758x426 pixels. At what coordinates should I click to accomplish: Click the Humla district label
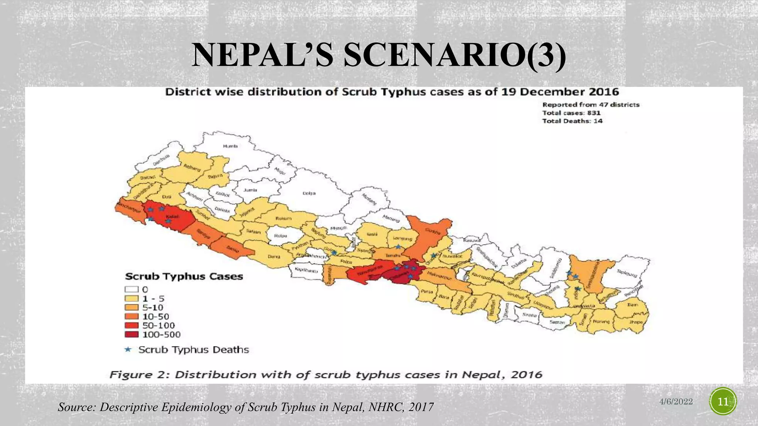[230, 146]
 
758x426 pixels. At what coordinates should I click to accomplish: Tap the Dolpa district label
[309, 193]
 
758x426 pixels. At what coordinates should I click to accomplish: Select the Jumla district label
[250, 190]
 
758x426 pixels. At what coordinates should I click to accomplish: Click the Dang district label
[274, 256]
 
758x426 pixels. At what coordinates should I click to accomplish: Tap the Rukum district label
[284, 218]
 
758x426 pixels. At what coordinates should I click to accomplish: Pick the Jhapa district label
[636, 322]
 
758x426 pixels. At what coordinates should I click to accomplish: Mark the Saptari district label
[557, 322]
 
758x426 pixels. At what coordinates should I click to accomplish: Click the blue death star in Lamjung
[398, 247]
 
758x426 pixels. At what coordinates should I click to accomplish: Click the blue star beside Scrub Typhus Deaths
[128, 349]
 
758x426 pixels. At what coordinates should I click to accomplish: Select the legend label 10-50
[156, 317]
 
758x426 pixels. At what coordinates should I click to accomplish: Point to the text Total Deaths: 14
[572, 121]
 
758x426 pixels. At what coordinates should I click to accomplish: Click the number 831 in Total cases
[594, 113]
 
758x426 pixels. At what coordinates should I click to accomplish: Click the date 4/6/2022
[676, 402]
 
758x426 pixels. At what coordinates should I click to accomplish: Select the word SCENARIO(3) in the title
[455, 55]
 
